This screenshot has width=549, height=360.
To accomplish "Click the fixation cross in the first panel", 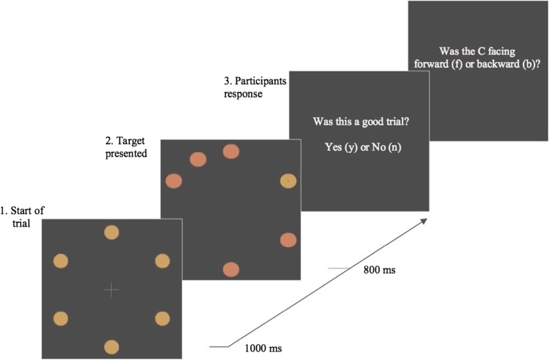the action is coord(111,290).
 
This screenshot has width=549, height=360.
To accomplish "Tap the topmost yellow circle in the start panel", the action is coord(111,232).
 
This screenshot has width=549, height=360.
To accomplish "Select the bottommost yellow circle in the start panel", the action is coord(111,347).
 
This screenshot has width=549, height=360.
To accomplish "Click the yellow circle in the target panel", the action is coord(288,182).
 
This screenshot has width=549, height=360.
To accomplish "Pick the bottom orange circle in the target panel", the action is coord(231,269).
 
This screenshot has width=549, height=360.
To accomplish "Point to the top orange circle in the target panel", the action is coord(231,152).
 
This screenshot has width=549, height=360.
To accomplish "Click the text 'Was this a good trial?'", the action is coord(358,121).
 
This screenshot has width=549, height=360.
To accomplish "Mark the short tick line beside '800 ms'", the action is coord(339,269).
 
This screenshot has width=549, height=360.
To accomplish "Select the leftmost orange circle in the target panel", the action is coord(174,181).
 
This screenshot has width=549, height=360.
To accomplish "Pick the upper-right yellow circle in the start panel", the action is coord(162,261).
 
